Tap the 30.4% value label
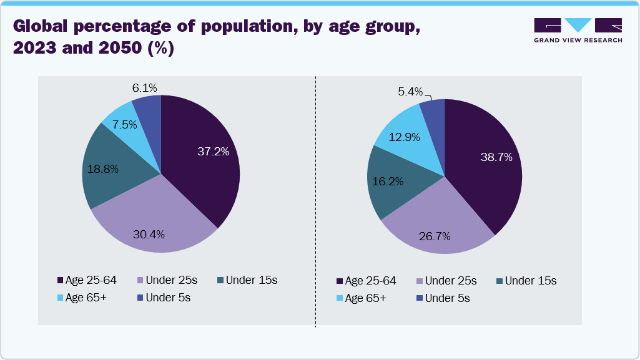tap(149, 235)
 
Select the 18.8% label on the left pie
tap(104, 168)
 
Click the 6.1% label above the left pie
tap(144, 88)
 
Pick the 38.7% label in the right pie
tap(496, 157)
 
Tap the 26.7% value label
tap(435, 236)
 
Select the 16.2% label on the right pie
tap(388, 182)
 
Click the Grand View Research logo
tap(578, 30)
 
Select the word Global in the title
tap(46, 27)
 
